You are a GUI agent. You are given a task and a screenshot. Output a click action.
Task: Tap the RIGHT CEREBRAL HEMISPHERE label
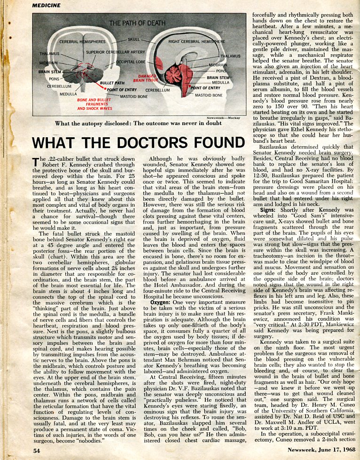197,42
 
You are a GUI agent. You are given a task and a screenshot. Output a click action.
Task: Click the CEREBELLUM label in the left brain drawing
59,86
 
